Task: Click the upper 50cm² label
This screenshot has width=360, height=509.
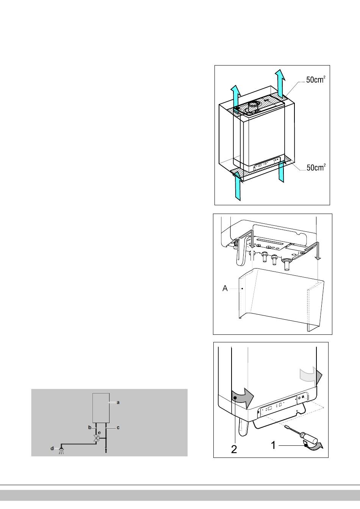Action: pos(316,80)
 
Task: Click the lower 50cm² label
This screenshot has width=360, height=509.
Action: pos(316,167)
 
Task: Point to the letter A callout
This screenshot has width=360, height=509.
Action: pos(225,288)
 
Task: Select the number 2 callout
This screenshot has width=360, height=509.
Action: pos(234,449)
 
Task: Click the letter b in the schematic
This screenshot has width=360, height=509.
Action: pos(89,428)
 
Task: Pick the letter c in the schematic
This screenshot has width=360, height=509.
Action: pos(118,428)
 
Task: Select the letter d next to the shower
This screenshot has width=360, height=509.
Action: pos(52,448)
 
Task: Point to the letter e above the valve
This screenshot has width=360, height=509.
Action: pos(99,432)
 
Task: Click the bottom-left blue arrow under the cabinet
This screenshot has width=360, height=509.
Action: pos(237,186)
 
